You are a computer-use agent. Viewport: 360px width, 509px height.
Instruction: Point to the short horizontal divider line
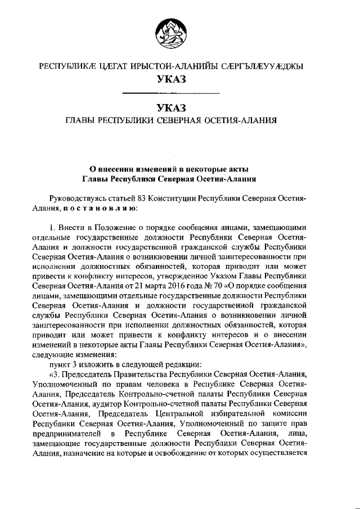pyautogui.click(x=170, y=92)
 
